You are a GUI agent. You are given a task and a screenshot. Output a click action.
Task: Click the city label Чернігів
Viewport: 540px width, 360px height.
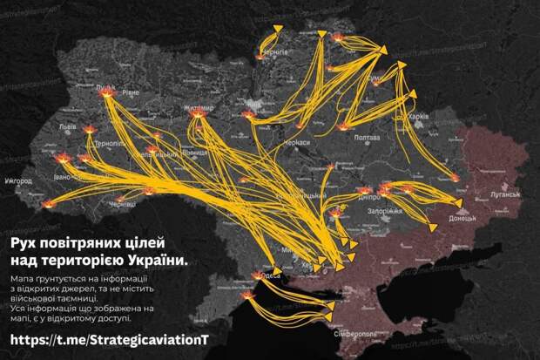275,52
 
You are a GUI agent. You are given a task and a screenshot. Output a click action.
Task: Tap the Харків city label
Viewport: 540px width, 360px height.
419,116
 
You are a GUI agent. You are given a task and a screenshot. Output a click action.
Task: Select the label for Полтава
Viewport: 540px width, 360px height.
368,137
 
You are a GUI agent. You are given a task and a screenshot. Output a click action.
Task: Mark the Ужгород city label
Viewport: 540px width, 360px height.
17,181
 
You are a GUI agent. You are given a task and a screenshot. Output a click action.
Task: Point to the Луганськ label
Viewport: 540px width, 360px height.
505,194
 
